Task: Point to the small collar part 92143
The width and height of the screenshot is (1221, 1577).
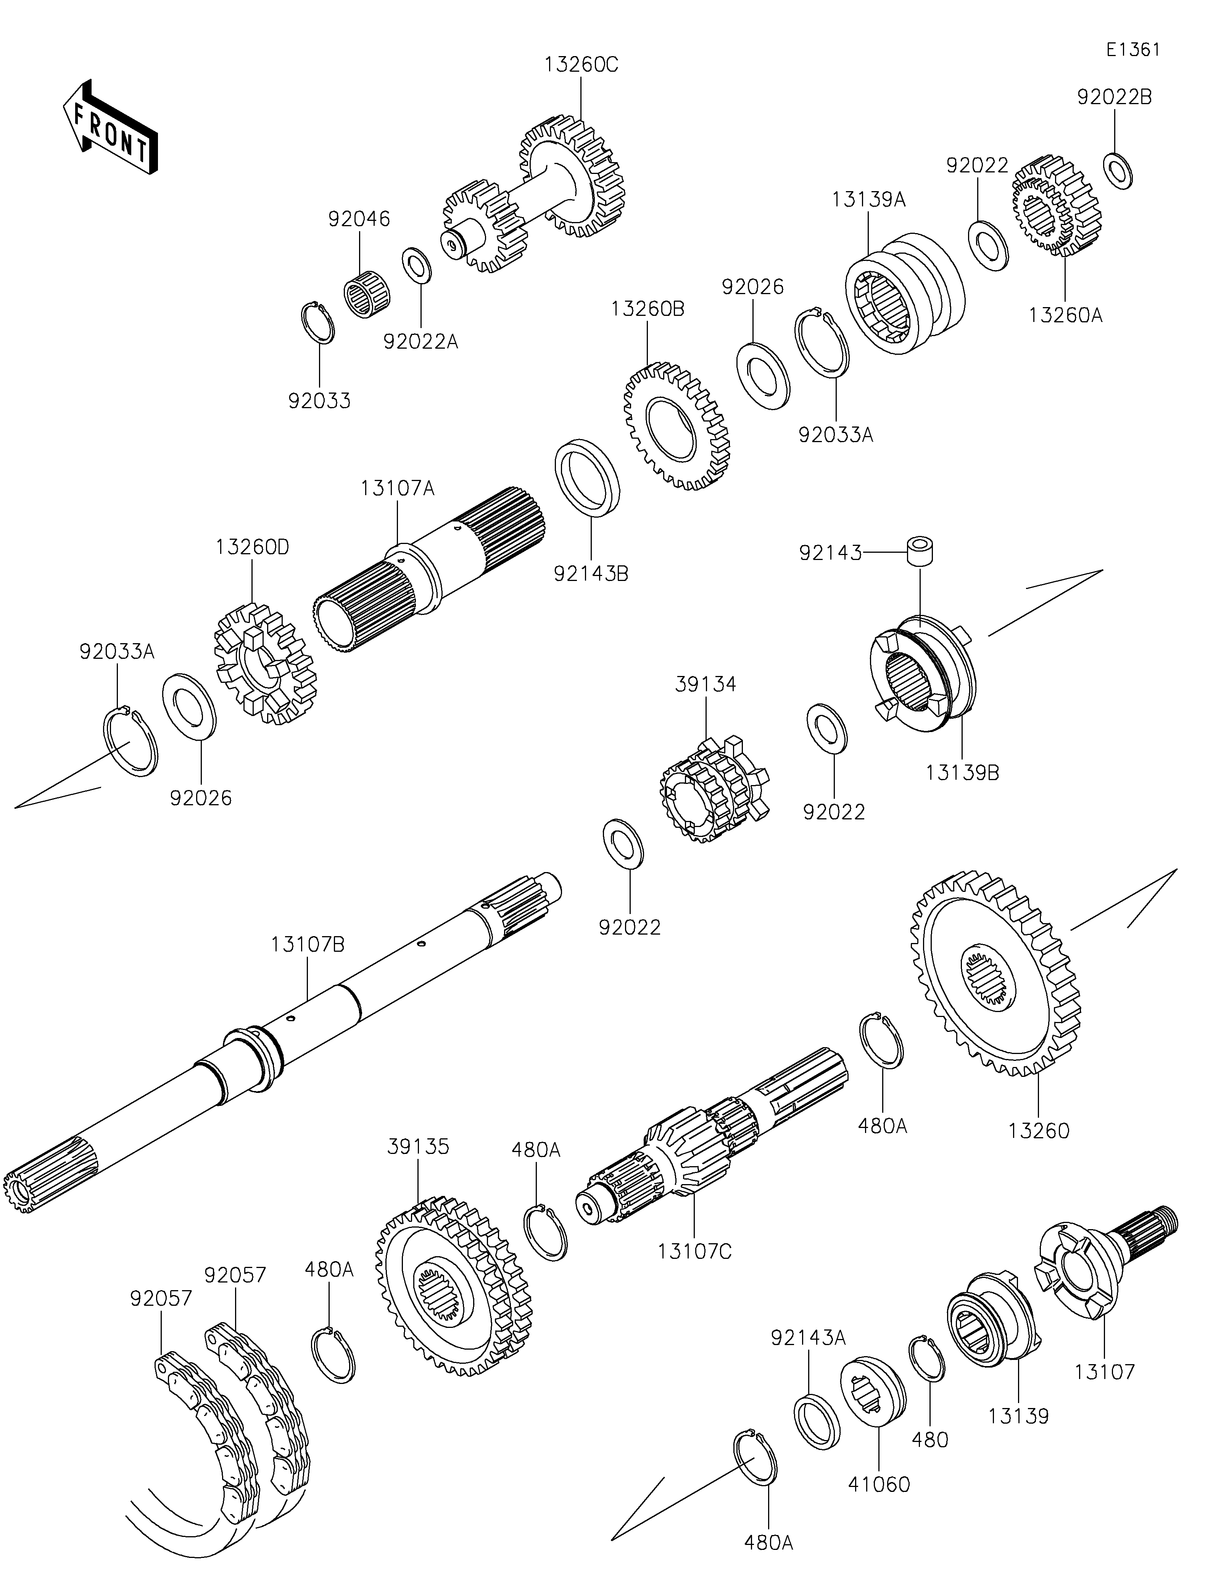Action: pos(920,550)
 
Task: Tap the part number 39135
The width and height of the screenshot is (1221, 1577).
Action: pos(419,1146)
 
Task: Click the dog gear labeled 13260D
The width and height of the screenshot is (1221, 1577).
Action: pos(266,664)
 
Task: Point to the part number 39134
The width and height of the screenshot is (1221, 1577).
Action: pos(706,684)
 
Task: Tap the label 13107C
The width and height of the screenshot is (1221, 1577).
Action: pos(694,1250)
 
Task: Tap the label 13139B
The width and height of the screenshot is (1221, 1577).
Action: pos(963,772)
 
